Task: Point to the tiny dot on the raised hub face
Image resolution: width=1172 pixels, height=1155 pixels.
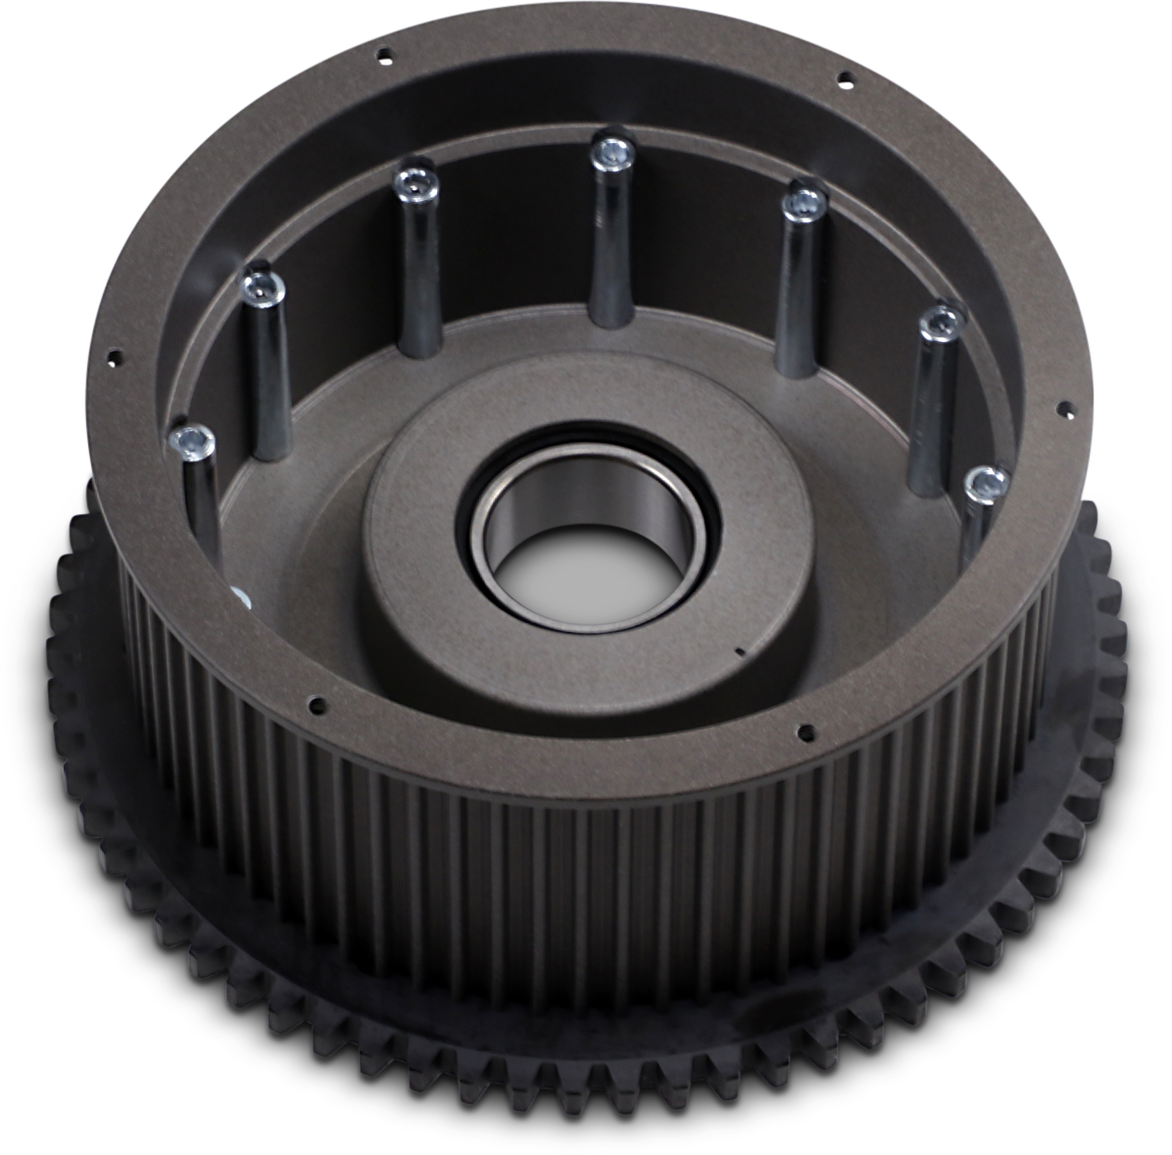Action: pos(740,649)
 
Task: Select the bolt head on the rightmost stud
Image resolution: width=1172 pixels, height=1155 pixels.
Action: pos(984,482)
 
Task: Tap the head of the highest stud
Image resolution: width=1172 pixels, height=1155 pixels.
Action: pos(611,151)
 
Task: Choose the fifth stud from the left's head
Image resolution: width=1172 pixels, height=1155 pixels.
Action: pos(805,203)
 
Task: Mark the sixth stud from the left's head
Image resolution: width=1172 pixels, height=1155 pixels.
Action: pos(942,319)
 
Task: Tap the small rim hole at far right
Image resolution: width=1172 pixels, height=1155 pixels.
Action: pos(1058,404)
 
